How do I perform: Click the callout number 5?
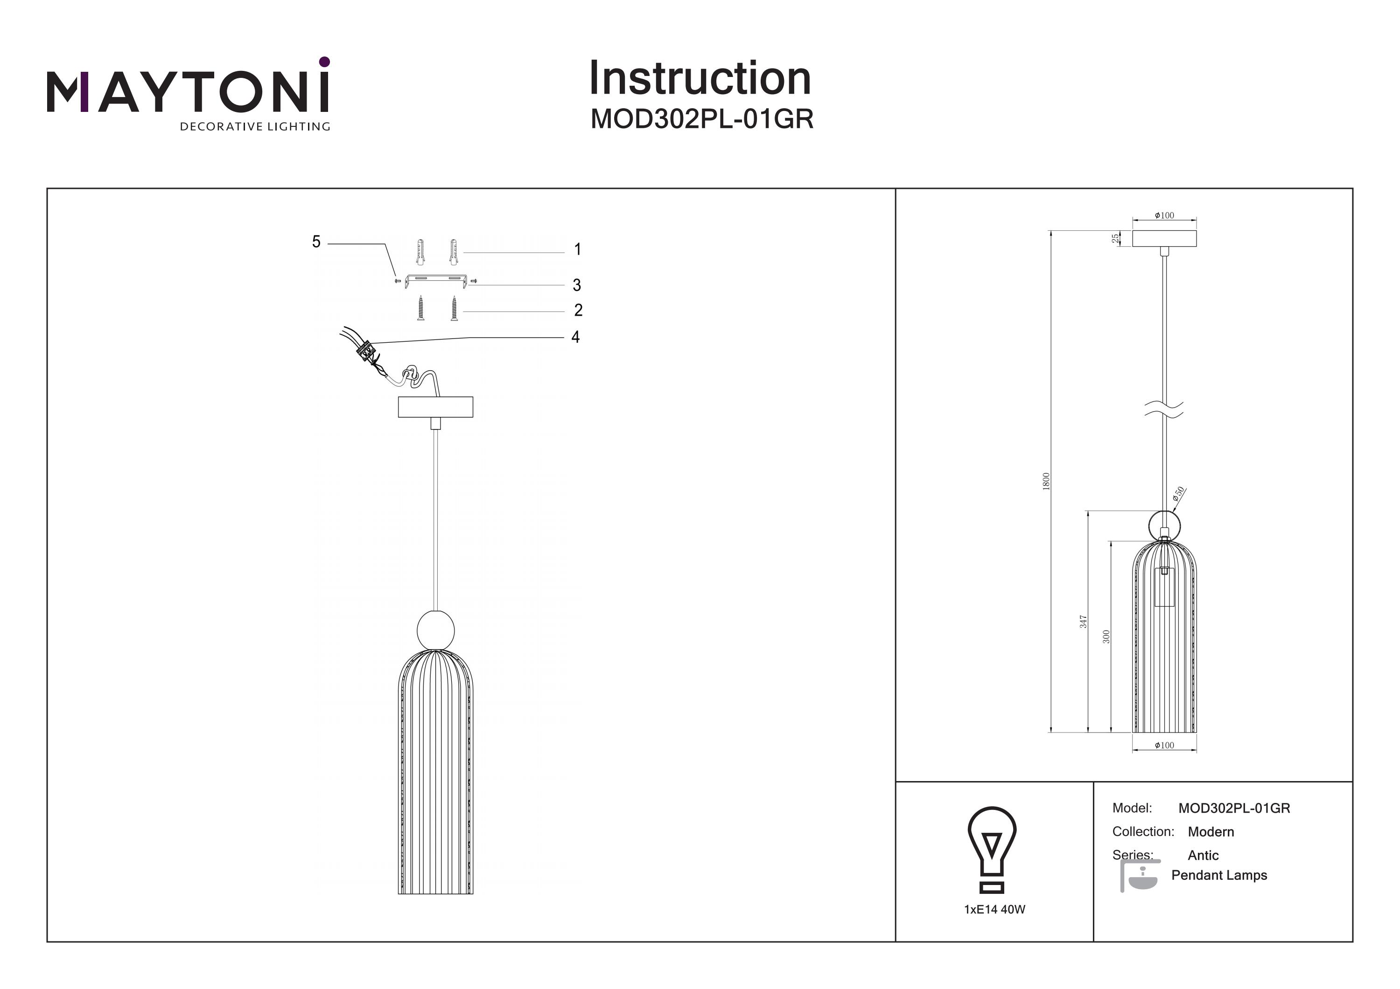pyautogui.click(x=316, y=242)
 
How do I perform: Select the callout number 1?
pyautogui.click(x=577, y=249)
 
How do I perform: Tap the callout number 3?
pyautogui.click(x=577, y=285)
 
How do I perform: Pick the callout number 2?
pyautogui.click(x=578, y=310)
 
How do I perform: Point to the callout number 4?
pyautogui.click(x=575, y=337)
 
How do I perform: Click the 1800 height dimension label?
pyautogui.click(x=1046, y=481)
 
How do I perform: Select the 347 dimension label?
pyautogui.click(x=1083, y=622)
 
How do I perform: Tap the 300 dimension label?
pyautogui.click(x=1106, y=637)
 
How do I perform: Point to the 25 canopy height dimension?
pyautogui.click(x=1115, y=238)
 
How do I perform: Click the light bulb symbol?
pyautogui.click(x=992, y=850)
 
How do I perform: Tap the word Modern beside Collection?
pyautogui.click(x=1211, y=832)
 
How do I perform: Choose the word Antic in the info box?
pyautogui.click(x=1203, y=856)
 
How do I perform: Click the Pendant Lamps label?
pyautogui.click(x=1219, y=875)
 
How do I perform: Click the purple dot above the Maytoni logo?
pyautogui.click(x=324, y=62)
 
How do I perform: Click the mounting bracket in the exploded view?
pyautogui.click(x=436, y=280)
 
